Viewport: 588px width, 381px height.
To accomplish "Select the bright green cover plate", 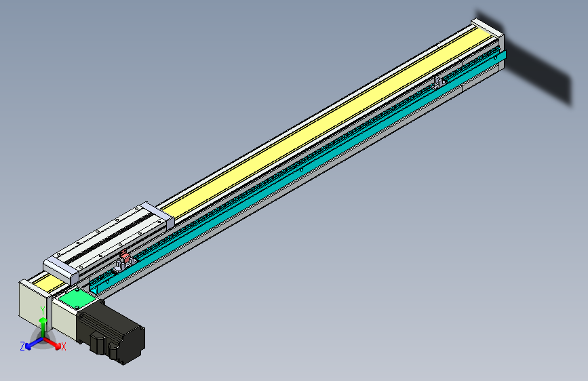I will click(76, 299).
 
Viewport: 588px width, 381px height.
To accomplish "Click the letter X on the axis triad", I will click(64, 346).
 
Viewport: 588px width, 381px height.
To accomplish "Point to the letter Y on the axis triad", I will click(43, 310).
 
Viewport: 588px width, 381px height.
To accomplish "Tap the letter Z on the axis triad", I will click(22, 346).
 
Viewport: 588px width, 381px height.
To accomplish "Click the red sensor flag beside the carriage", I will click(124, 257).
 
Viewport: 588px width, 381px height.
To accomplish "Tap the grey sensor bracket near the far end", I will click(439, 82).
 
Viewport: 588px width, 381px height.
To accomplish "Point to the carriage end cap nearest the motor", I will click(60, 268).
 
